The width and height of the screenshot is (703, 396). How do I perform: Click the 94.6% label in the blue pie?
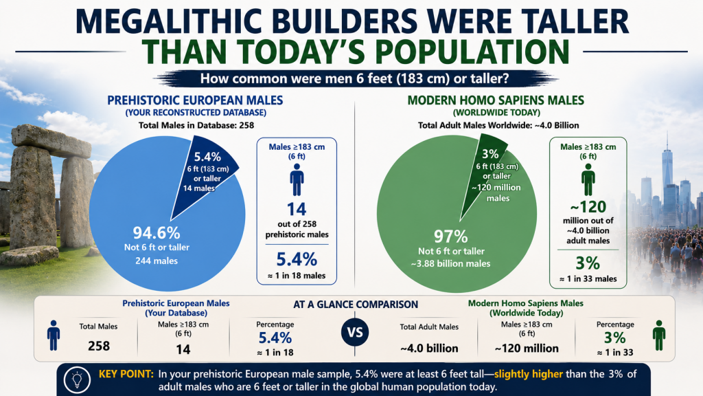(157, 232)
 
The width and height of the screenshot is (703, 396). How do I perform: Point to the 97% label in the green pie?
(450, 236)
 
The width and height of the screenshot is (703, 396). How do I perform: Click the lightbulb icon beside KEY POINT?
(77, 379)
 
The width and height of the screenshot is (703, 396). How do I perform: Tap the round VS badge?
(355, 333)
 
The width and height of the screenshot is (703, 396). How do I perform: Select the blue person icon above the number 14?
(297, 179)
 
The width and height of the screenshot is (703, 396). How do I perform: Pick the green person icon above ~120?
(588, 179)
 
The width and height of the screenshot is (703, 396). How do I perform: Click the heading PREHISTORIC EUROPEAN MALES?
(195, 100)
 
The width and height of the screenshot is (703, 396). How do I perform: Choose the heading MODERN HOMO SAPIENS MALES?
(496, 100)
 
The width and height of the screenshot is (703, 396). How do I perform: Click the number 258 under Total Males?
(99, 346)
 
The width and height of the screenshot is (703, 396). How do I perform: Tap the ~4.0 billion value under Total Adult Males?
(430, 348)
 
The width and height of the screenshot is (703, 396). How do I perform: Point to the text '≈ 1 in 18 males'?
(297, 276)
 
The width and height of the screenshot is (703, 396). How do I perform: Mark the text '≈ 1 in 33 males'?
(588, 279)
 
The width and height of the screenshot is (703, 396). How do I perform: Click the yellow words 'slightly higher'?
(528, 374)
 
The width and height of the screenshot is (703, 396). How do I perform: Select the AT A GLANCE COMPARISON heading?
(356, 305)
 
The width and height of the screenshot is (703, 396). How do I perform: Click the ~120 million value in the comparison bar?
(527, 348)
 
